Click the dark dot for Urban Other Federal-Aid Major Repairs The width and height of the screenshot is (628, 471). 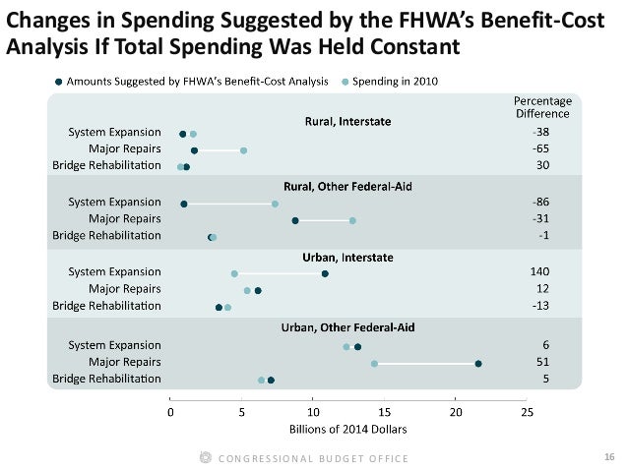(478, 364)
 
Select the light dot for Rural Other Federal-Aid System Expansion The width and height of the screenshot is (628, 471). (275, 204)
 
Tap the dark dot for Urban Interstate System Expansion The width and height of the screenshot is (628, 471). (325, 273)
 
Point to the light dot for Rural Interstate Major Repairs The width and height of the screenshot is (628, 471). (243, 150)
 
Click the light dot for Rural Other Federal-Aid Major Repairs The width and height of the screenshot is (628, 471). (352, 220)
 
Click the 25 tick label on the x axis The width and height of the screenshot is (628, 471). (527, 412)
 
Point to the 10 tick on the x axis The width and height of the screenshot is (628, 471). (313, 412)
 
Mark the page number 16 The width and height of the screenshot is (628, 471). (607, 458)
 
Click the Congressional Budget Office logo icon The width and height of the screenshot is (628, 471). (205, 458)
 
